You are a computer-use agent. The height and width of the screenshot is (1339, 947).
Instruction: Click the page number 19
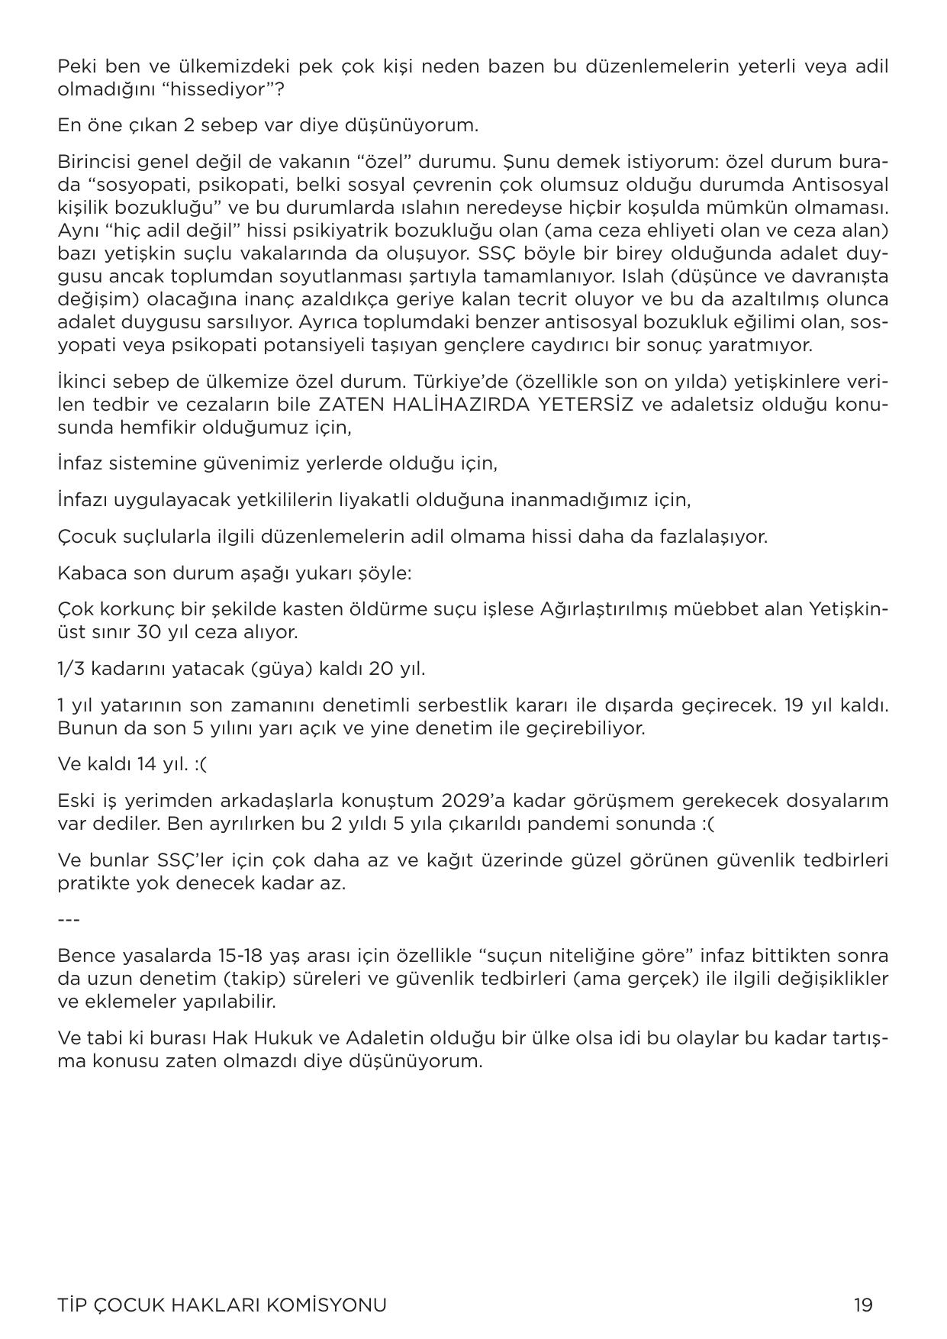click(x=862, y=1305)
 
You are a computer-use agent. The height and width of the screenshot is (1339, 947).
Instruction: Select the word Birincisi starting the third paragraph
click(x=90, y=162)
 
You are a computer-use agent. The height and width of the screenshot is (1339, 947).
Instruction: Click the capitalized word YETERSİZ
click(x=585, y=404)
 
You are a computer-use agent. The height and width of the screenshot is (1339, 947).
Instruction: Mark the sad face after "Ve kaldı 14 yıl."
click(x=200, y=764)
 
